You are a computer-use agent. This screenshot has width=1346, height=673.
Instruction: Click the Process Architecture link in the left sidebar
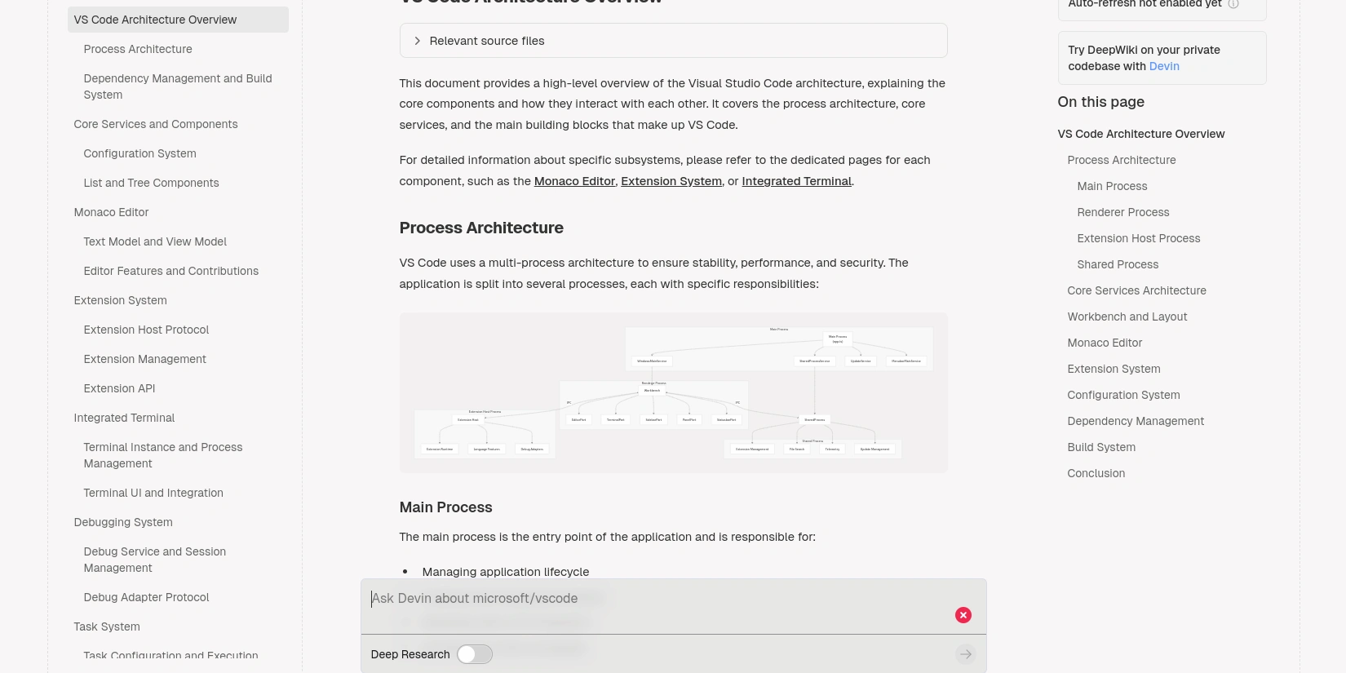pyautogui.click(x=138, y=49)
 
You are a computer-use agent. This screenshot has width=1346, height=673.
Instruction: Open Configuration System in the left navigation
pyautogui.click(x=139, y=153)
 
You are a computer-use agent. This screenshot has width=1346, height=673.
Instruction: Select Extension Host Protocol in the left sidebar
pyautogui.click(x=146, y=330)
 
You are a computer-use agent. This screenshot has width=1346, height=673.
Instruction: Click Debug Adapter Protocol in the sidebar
pyautogui.click(x=146, y=597)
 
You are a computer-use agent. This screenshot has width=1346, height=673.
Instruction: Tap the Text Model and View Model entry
pyautogui.click(x=155, y=241)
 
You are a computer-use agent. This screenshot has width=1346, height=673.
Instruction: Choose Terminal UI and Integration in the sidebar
pyautogui.click(x=153, y=493)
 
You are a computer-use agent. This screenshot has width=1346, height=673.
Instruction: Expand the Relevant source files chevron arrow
pyautogui.click(x=418, y=41)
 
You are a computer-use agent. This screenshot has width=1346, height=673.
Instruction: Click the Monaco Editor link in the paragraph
pyautogui.click(x=574, y=181)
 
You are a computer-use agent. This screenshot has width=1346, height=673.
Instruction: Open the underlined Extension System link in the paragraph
pyautogui.click(x=671, y=181)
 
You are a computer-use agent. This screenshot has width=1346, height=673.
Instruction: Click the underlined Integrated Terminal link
pyautogui.click(x=796, y=181)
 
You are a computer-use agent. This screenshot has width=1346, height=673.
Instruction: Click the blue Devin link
pyautogui.click(x=1164, y=66)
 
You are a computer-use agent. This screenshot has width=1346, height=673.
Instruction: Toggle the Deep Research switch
pyautogui.click(x=474, y=654)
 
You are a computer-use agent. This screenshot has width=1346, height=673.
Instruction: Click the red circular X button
pyautogui.click(x=963, y=615)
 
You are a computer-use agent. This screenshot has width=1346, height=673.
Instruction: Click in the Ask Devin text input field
pyautogui.click(x=653, y=599)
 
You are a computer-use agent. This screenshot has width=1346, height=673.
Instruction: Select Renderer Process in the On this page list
pyautogui.click(x=1122, y=212)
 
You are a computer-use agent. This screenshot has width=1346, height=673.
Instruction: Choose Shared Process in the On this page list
pyautogui.click(x=1118, y=264)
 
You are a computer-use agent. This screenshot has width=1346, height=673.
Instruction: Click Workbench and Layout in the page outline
pyautogui.click(x=1127, y=317)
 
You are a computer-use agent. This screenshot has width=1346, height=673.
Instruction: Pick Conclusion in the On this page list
pyautogui.click(x=1096, y=473)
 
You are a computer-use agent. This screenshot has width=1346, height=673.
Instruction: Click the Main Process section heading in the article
pyautogui.click(x=445, y=507)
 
